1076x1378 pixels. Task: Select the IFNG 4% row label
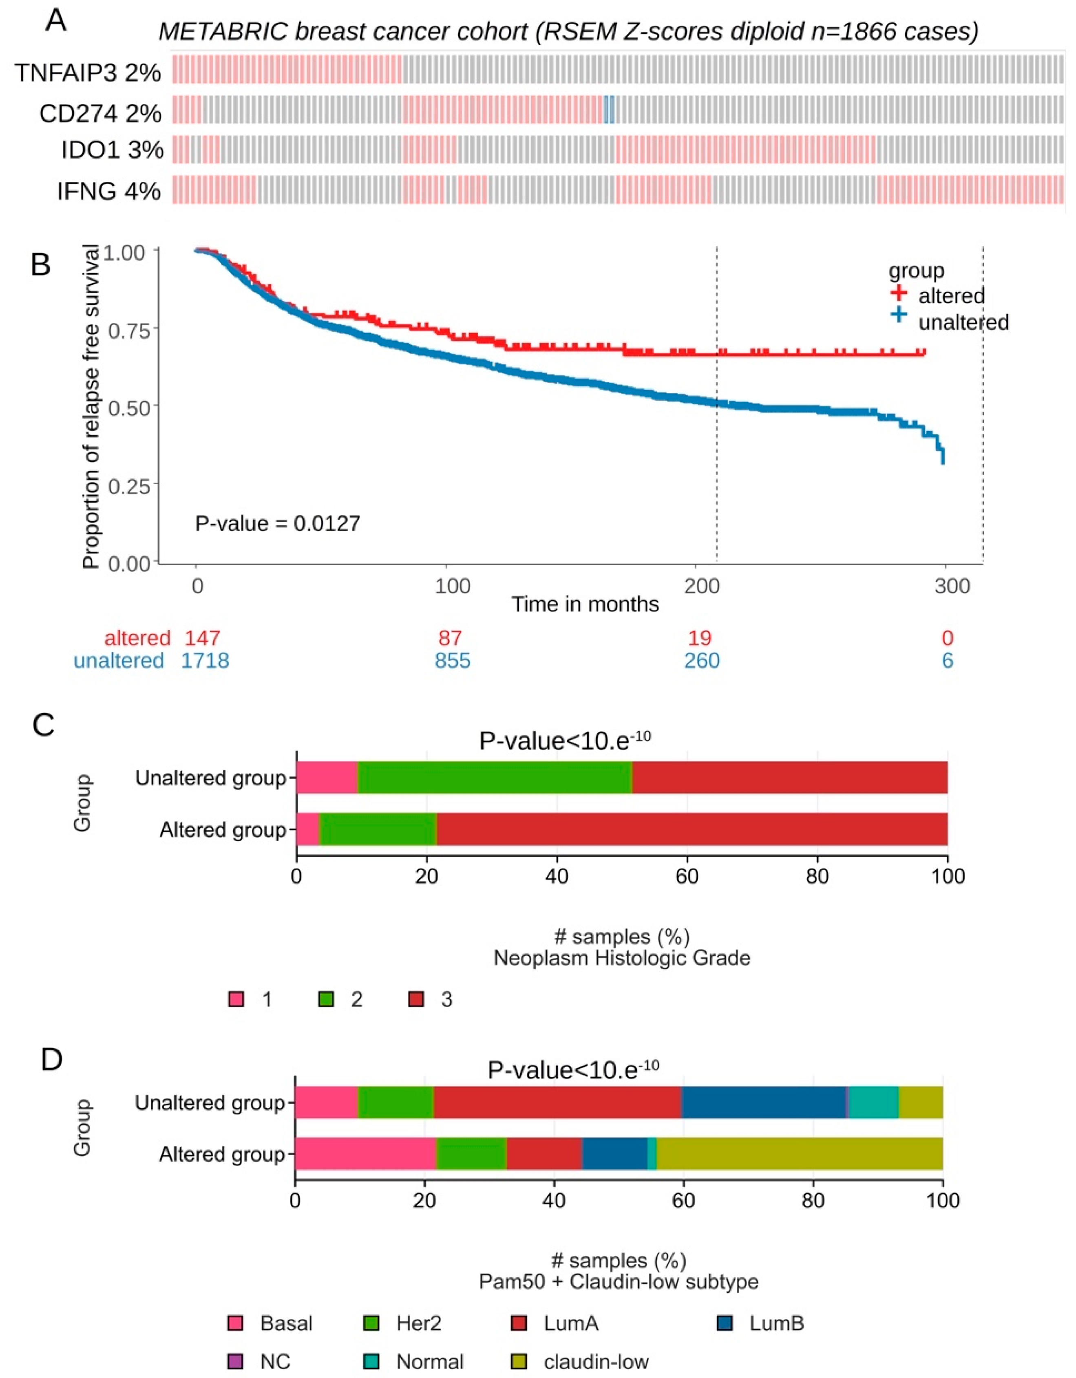tap(108, 191)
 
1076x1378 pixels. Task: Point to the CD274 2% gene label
tap(100, 114)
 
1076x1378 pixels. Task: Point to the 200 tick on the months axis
tap(701, 586)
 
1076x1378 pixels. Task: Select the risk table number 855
tap(452, 661)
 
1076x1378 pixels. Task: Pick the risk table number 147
tap(202, 638)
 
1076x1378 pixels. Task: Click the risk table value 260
tap(701, 661)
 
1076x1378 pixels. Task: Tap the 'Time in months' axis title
tap(585, 604)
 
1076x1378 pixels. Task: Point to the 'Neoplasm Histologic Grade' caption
tap(622, 959)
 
